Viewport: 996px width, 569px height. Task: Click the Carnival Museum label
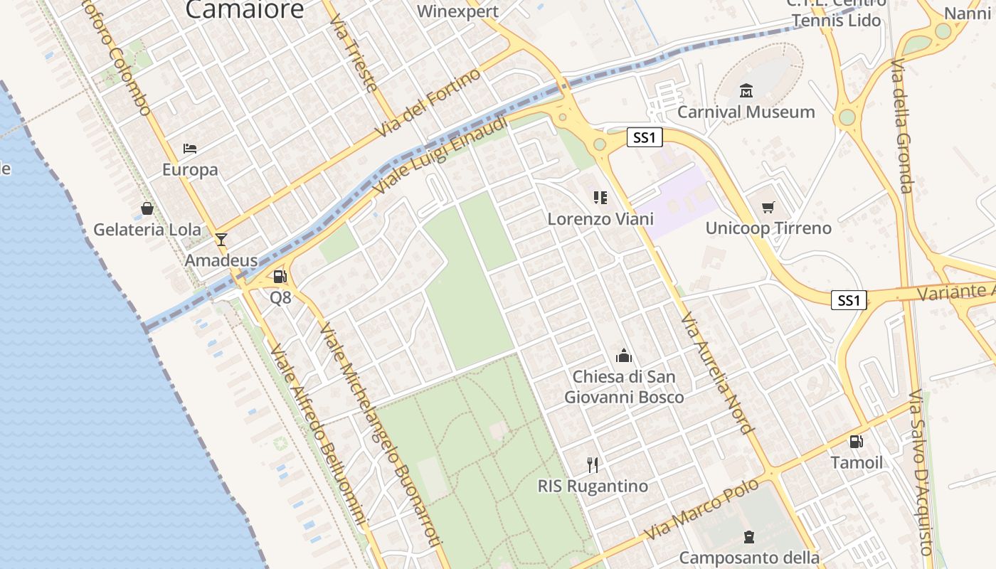(x=746, y=112)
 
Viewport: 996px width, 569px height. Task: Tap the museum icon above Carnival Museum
(x=746, y=91)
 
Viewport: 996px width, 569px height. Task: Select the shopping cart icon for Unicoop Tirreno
(x=768, y=208)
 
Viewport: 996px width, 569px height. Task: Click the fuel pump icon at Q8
(x=280, y=277)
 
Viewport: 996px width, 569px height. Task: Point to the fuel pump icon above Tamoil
(x=857, y=442)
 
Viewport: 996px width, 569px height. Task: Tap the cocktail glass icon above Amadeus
(x=221, y=239)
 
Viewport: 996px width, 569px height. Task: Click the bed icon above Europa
(x=190, y=149)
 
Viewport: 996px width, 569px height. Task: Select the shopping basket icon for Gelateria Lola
(x=147, y=208)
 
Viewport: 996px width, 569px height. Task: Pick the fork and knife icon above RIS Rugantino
(x=593, y=465)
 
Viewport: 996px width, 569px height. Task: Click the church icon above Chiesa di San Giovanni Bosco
(x=624, y=356)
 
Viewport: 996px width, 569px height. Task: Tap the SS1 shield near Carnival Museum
(x=645, y=137)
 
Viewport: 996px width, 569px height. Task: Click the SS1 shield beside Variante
(x=849, y=300)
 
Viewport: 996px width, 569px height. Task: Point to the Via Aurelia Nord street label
(x=716, y=373)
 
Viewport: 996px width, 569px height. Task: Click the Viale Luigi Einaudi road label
(x=441, y=156)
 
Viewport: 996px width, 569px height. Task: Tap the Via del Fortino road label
(x=429, y=105)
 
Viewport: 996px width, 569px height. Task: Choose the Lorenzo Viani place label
(x=600, y=219)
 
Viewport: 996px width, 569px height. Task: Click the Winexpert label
(x=457, y=11)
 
